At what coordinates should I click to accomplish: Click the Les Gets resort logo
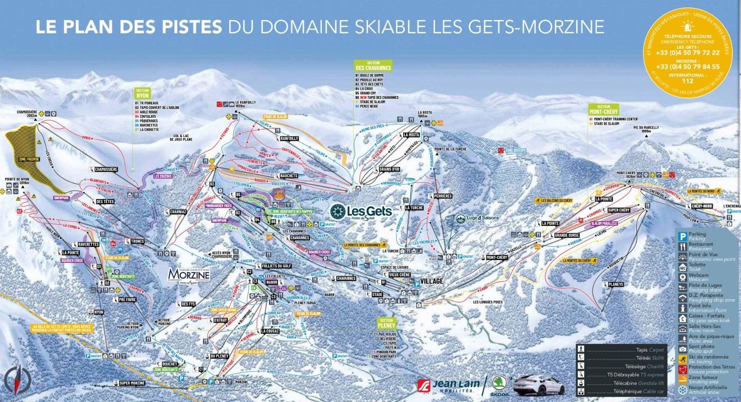361,212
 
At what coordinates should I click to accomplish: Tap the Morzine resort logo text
189,275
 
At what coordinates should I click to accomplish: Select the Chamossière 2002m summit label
27,114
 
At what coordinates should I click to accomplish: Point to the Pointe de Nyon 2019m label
17,181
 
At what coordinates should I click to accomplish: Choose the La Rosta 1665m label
424,114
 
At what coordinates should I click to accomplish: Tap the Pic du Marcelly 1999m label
646,129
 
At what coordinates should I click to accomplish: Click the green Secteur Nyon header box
143,93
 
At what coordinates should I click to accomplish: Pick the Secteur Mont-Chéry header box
603,109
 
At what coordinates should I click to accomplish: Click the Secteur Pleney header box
386,323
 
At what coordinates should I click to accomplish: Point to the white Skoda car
539,384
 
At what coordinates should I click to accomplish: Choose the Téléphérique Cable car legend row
621,392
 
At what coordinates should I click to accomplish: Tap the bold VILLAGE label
432,281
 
